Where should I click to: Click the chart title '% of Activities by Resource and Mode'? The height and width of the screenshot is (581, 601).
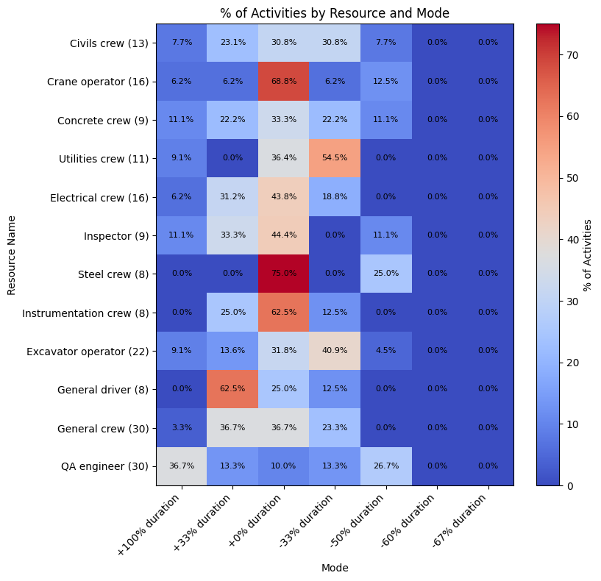click(x=335, y=13)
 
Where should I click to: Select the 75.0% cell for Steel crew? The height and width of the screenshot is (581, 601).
click(x=283, y=274)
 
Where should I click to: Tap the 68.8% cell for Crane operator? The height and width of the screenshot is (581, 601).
click(x=283, y=81)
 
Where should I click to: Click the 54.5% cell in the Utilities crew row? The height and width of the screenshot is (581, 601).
click(x=334, y=158)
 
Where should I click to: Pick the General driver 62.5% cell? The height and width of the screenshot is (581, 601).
click(x=232, y=389)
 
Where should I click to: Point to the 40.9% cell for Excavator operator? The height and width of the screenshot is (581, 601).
click(x=334, y=351)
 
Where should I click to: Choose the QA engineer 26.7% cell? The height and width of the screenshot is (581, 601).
click(x=385, y=466)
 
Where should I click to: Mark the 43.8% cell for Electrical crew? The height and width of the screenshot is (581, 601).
click(x=283, y=196)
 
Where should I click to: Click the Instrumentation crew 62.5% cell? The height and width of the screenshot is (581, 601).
click(x=283, y=313)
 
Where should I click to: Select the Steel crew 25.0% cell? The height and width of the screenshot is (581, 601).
click(x=385, y=274)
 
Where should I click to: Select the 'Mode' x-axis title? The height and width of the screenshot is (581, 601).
click(x=335, y=568)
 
